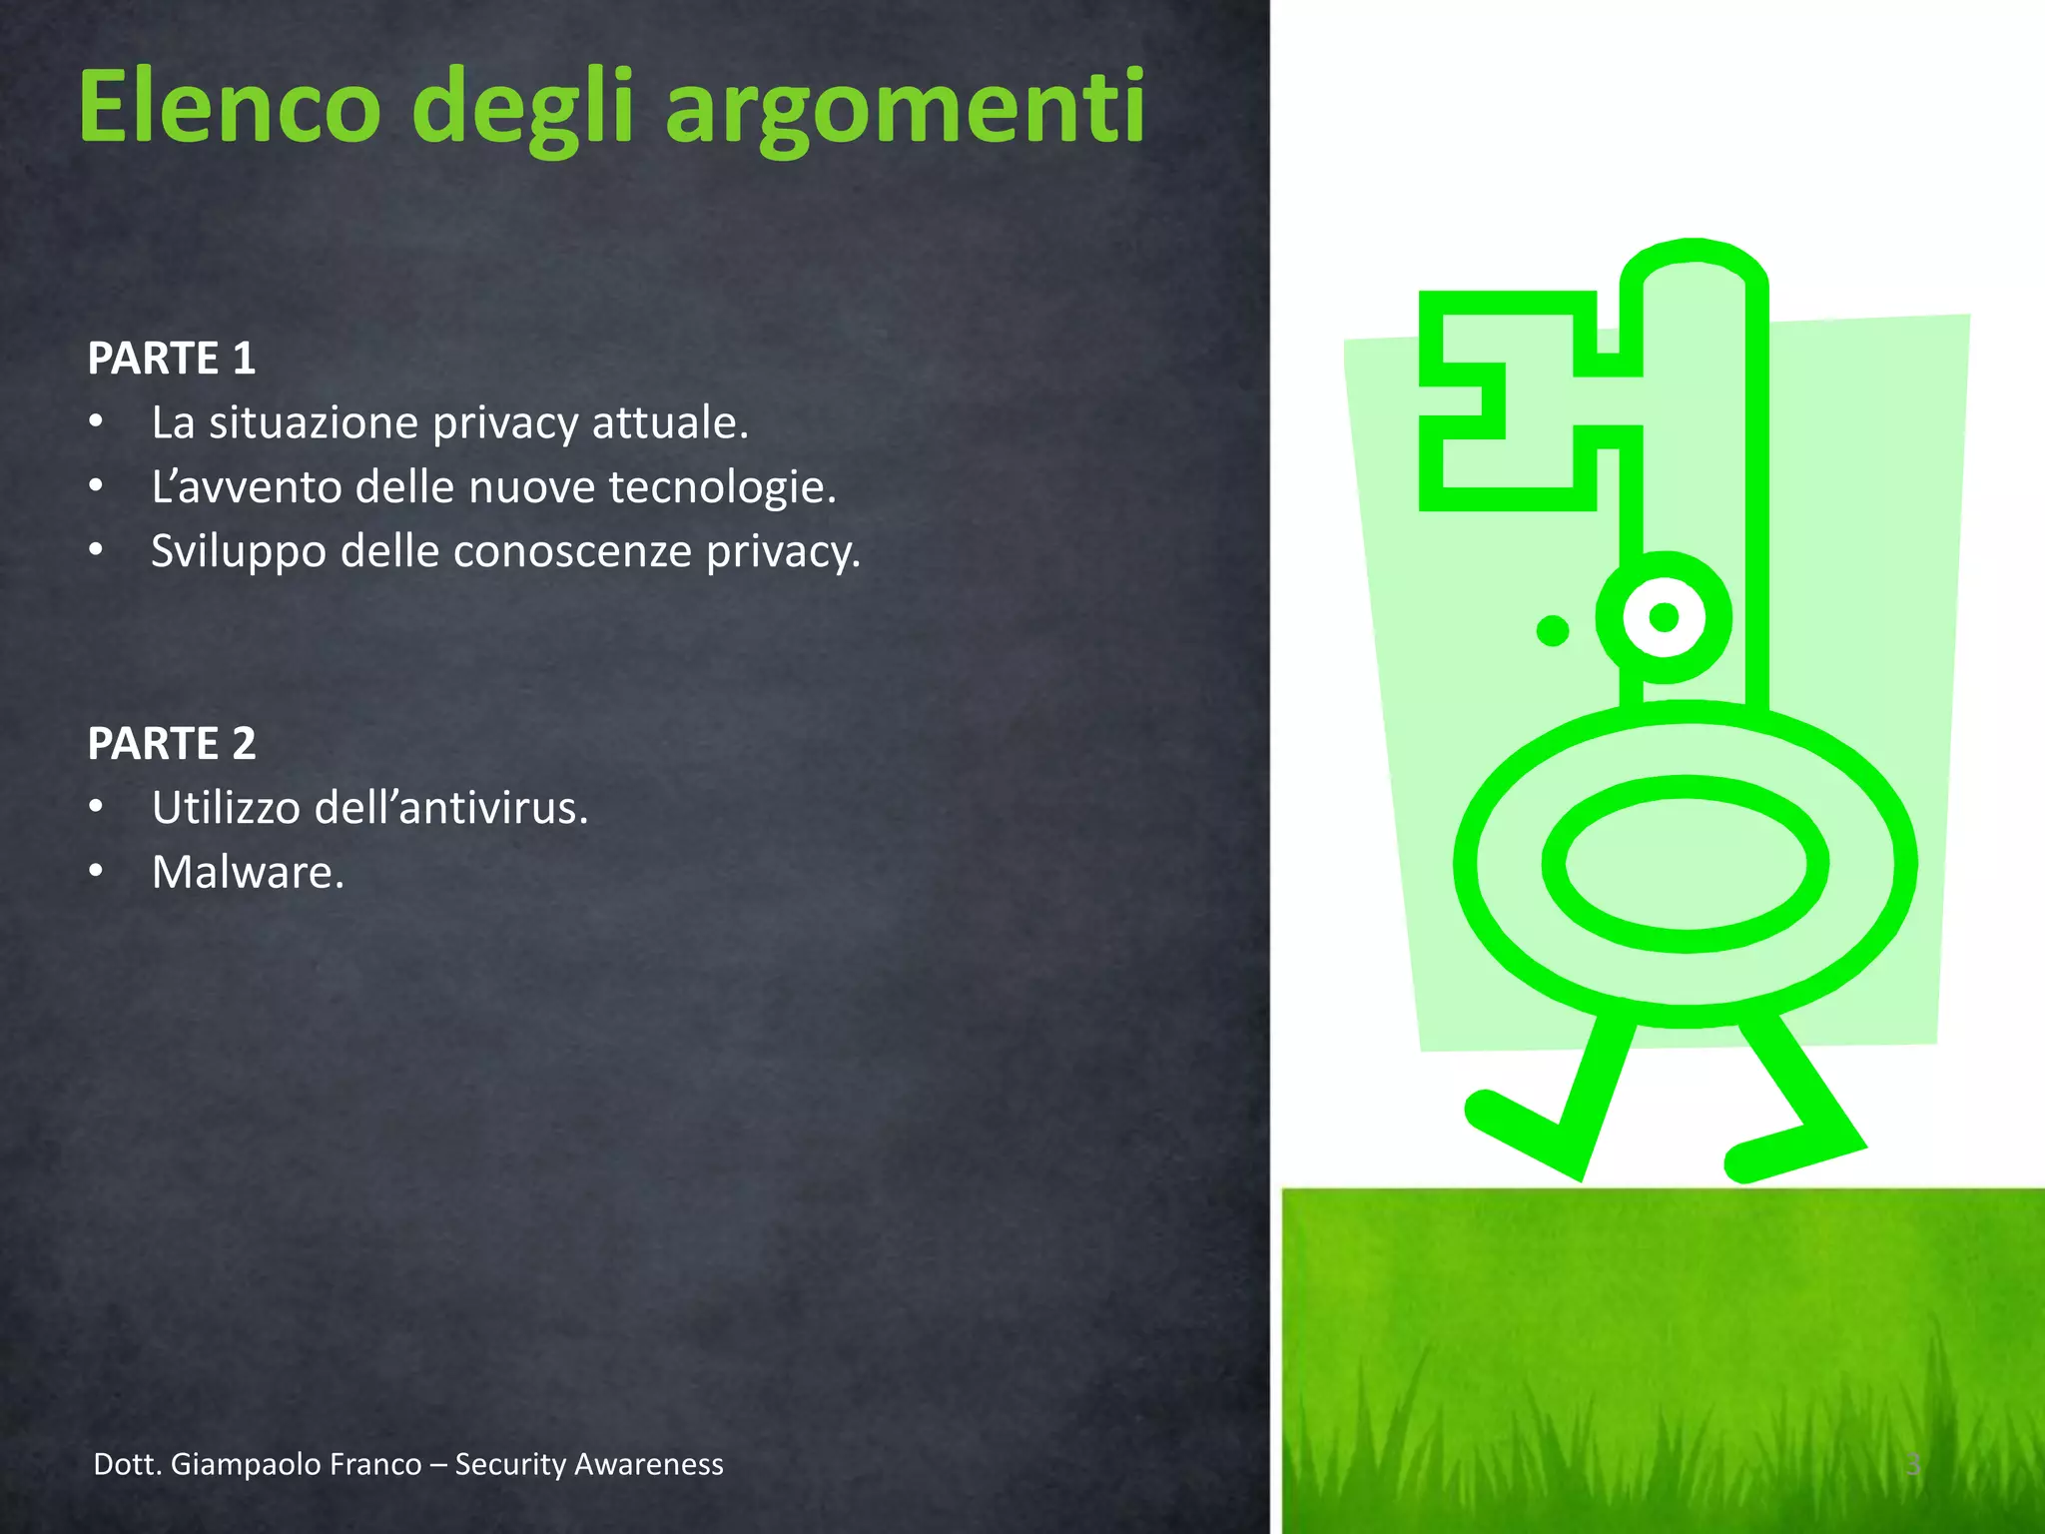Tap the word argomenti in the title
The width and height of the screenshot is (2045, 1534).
coord(905,108)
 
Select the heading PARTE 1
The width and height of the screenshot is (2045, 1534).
coord(172,359)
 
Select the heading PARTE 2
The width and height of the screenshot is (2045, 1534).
coord(172,743)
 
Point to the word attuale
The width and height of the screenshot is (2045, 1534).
coord(669,422)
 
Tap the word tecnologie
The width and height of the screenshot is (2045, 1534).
coord(721,487)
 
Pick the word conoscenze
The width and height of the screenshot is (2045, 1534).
coord(572,551)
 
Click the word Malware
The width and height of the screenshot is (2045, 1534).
coord(248,872)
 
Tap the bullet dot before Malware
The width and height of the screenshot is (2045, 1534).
coord(96,871)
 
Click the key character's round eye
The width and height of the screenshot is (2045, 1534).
coord(1664,617)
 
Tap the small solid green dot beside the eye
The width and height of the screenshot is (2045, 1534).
coord(1552,630)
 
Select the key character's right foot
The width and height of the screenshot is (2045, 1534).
coord(1787,1153)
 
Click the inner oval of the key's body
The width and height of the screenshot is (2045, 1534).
coord(1686,864)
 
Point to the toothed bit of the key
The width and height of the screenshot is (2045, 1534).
coord(1508,400)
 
